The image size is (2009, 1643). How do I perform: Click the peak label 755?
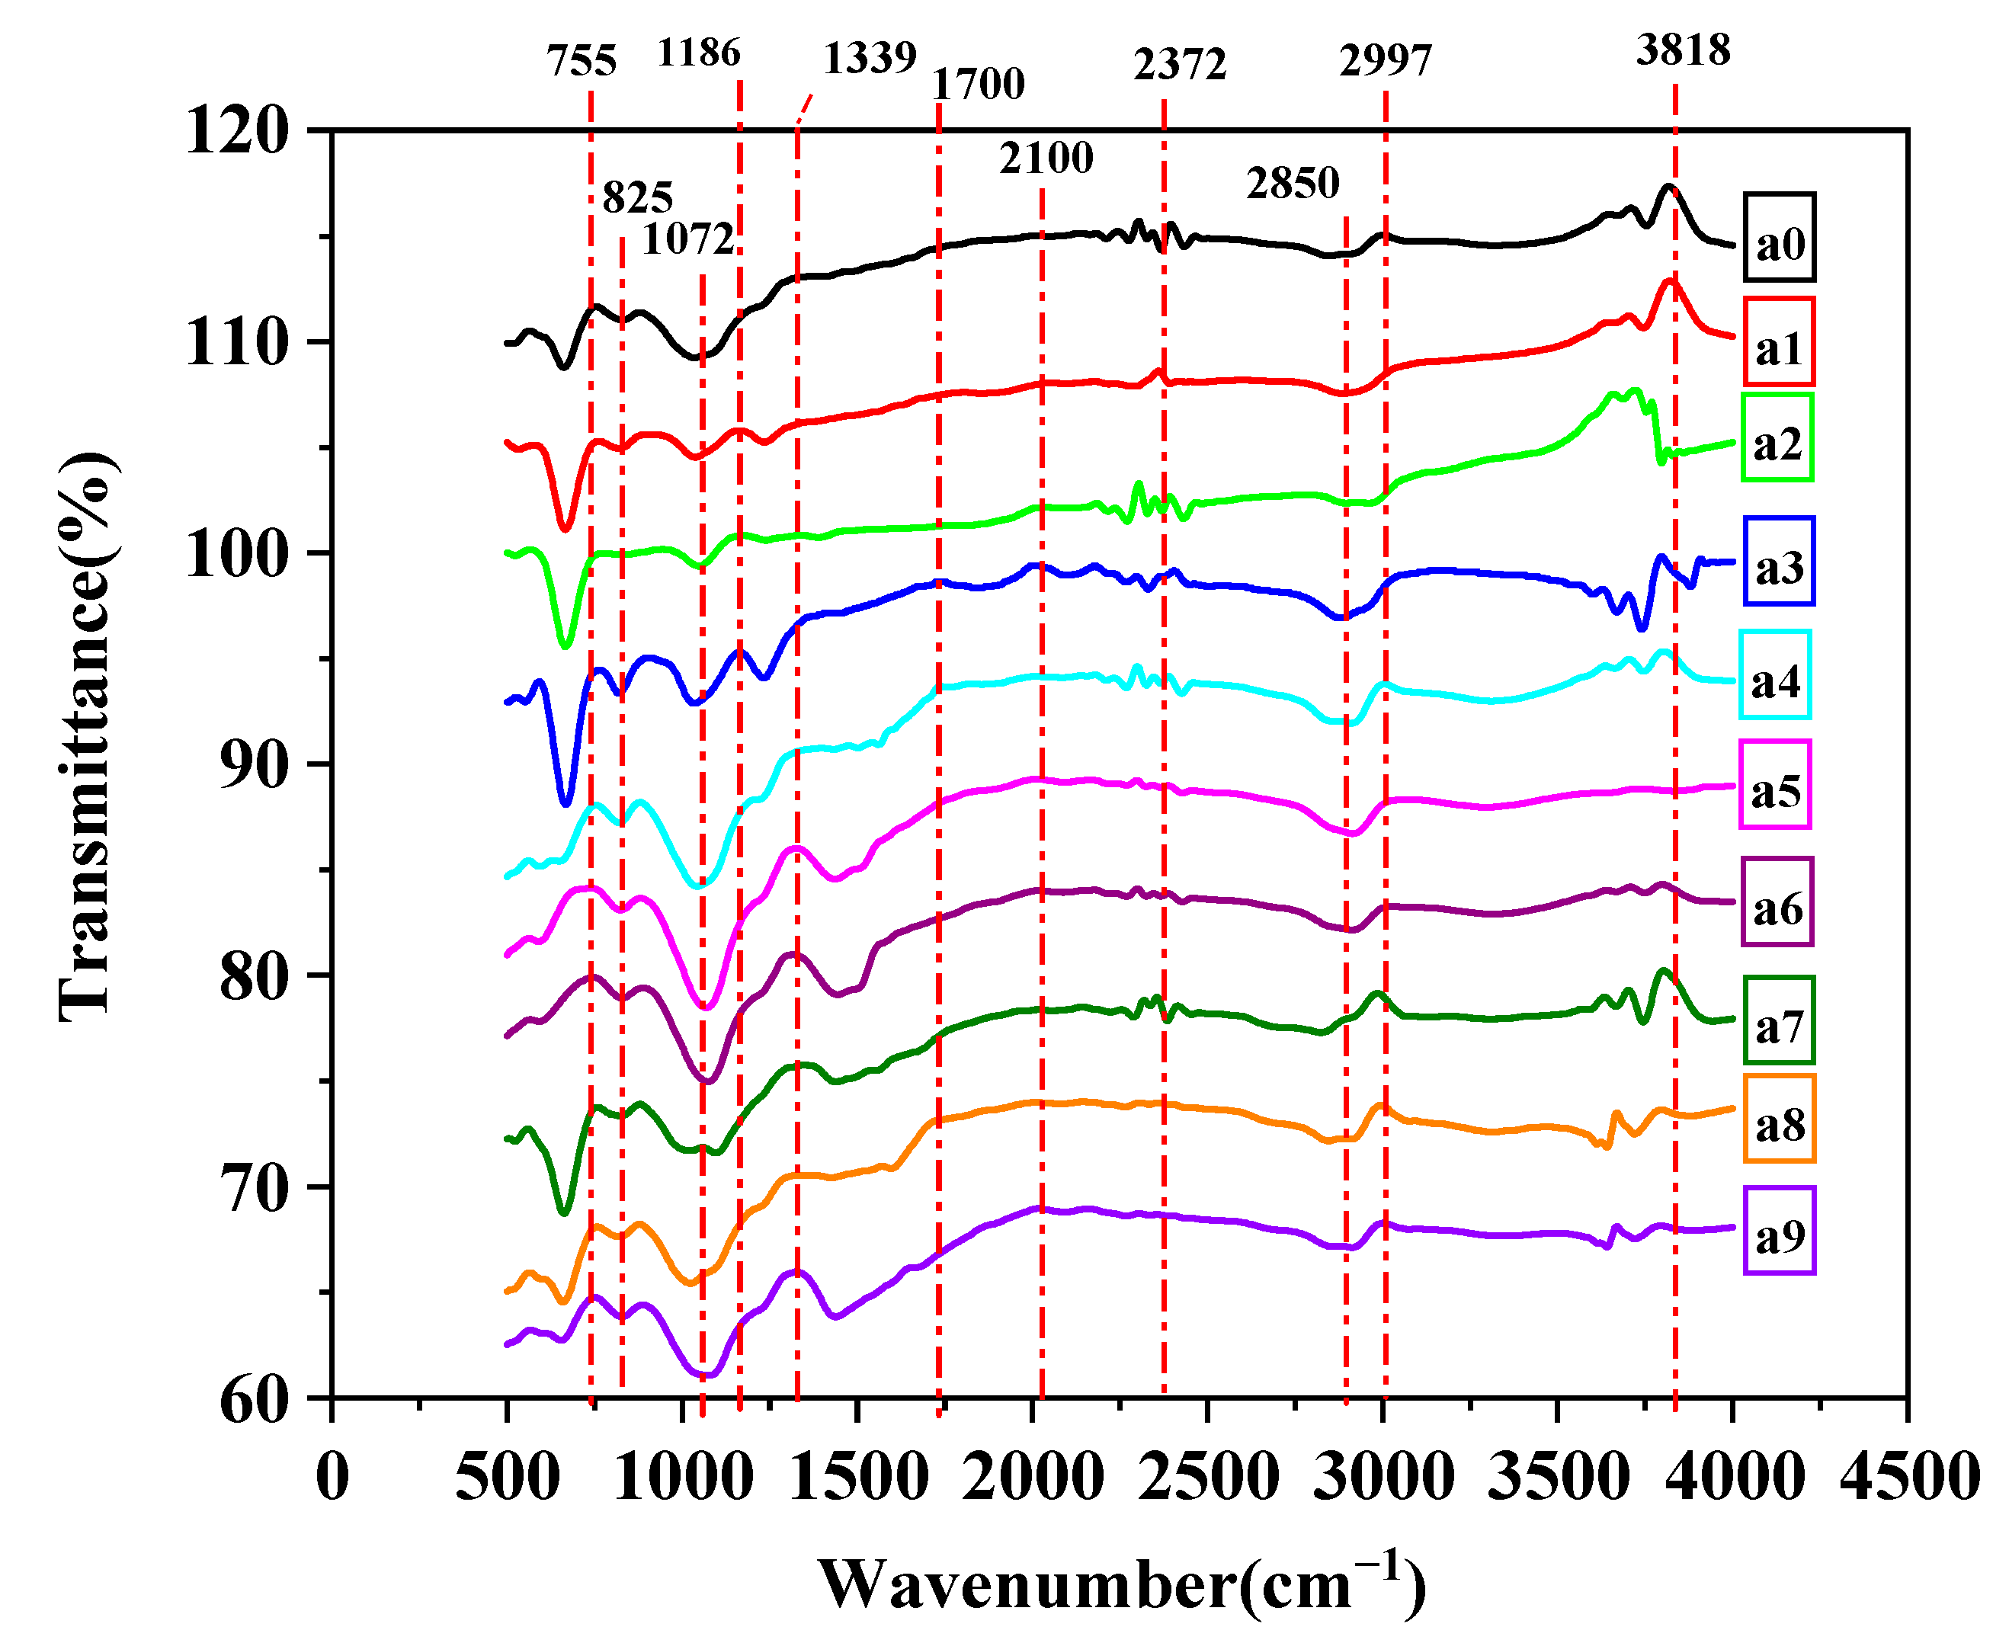coord(581,62)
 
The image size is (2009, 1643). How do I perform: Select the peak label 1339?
coord(869,59)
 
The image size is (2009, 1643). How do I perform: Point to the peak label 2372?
coord(1179,64)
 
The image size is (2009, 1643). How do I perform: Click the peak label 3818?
coord(1683,50)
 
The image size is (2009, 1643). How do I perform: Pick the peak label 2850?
coord(1292,183)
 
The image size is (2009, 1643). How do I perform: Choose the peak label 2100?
coord(1046,157)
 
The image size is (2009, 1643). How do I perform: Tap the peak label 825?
coord(637,198)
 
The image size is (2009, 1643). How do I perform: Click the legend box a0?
coord(1779,238)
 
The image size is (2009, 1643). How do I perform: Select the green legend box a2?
coord(1777,437)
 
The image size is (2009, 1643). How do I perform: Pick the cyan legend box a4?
coord(1774,675)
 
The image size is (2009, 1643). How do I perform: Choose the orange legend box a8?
coord(1779,1119)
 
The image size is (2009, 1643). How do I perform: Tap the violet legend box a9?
coord(1779,1231)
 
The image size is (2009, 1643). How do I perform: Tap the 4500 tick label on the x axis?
coord(1908,1476)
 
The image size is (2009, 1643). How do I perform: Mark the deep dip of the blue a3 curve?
coord(566,802)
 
